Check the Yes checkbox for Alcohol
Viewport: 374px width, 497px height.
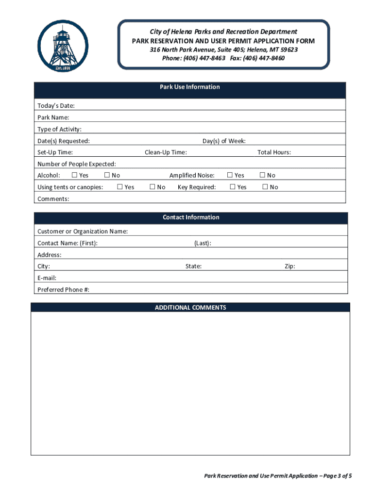(74, 175)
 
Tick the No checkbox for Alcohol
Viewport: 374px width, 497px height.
(107, 175)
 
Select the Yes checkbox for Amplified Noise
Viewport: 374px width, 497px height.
(230, 175)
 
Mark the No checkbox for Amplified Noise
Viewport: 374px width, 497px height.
(263, 175)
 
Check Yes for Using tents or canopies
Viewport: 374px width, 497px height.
(120, 187)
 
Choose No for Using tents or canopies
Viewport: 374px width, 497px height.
(153, 187)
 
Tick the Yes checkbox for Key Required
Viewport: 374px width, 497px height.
(233, 187)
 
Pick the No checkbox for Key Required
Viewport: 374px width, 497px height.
(265, 187)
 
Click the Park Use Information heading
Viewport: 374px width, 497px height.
(190, 87)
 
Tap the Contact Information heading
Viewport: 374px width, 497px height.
(191, 217)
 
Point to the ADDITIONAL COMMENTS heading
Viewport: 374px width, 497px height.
(190, 308)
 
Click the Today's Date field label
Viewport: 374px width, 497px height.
(56, 106)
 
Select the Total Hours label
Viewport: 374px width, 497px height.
(274, 152)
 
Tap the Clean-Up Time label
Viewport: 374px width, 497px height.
(166, 152)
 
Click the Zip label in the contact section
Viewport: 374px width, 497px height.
(289, 266)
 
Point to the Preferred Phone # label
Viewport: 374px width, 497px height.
(63, 290)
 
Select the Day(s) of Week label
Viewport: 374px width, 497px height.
(224, 141)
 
